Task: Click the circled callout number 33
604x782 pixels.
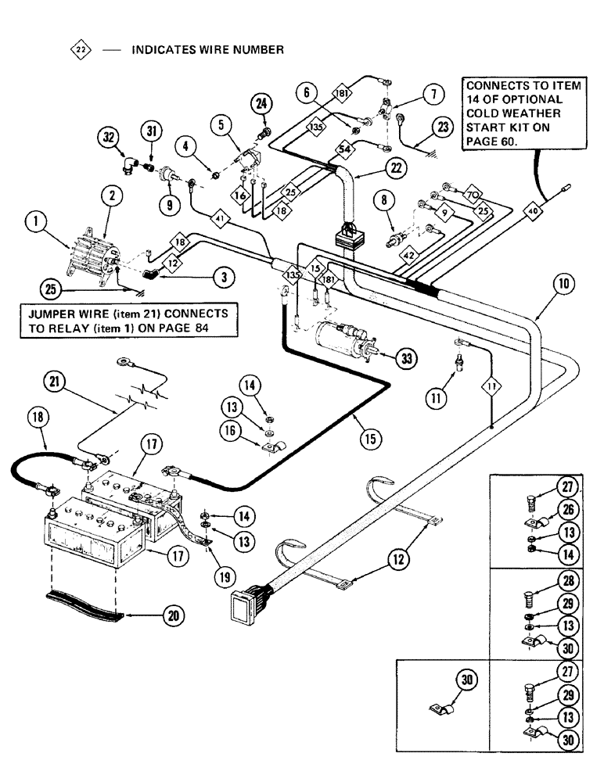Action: point(405,358)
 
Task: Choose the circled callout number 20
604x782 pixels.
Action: point(173,615)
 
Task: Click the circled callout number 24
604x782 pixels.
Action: point(261,104)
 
